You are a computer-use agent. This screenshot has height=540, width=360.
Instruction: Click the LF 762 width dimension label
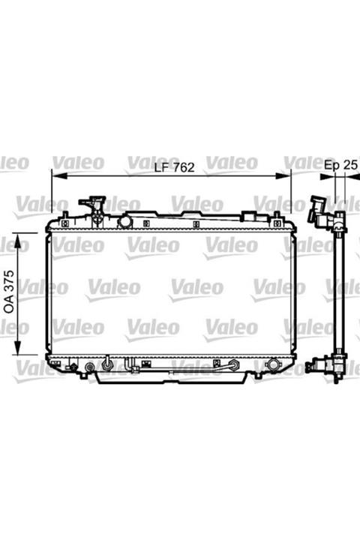(174, 167)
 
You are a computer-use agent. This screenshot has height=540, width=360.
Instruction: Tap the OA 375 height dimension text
(9, 292)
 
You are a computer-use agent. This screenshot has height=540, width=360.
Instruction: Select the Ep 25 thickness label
(340, 165)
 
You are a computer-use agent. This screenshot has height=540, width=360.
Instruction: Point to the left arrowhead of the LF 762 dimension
(59, 176)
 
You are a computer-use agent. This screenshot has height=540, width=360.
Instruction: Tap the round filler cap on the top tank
(125, 221)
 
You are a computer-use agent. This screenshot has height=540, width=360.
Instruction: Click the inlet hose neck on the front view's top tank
(93, 206)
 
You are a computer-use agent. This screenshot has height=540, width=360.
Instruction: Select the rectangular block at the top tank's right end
(255, 217)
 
